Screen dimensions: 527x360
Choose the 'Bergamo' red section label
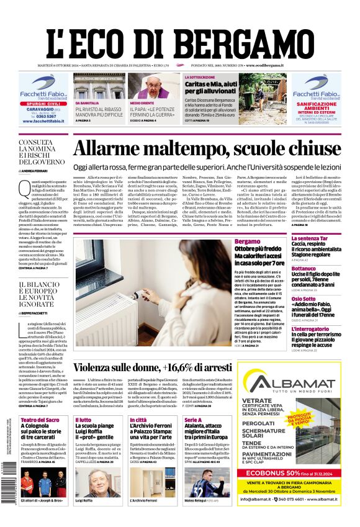248,241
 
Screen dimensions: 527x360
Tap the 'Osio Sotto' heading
304,299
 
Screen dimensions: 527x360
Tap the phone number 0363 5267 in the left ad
39,116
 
